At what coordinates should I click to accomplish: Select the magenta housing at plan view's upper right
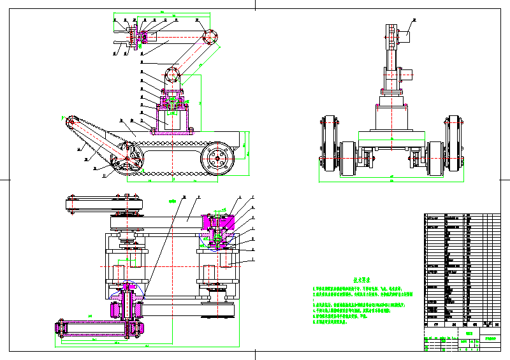coord(219,222)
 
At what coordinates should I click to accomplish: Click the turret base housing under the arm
coord(171,119)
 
